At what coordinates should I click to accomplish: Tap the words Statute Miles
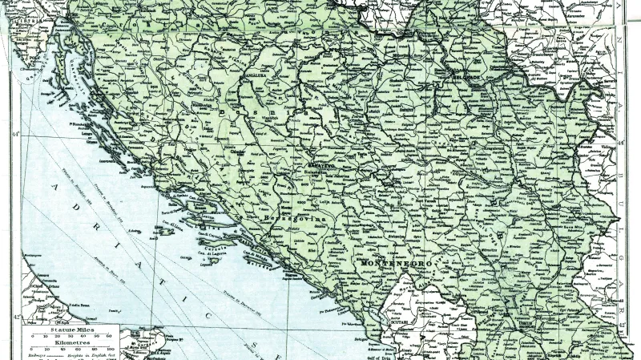tap(71, 330)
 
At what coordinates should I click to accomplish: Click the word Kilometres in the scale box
tap(71, 342)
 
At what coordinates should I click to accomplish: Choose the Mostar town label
tap(277, 204)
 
